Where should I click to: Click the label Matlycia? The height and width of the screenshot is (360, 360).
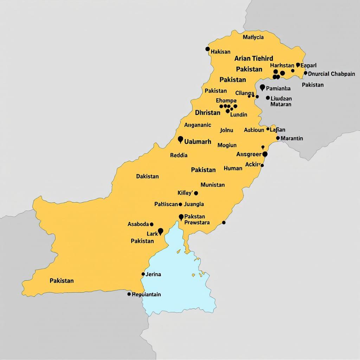click(253, 37)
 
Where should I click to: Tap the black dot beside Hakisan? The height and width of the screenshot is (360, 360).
click(208, 49)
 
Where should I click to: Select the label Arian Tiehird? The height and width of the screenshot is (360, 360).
click(253, 58)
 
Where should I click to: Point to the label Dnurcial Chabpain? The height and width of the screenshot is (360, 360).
click(331, 74)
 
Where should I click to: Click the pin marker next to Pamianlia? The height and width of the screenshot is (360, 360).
click(262, 87)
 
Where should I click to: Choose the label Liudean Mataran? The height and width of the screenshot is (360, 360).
click(281, 101)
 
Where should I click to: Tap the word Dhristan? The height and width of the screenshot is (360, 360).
click(207, 113)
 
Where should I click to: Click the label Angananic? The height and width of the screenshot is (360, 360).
click(198, 125)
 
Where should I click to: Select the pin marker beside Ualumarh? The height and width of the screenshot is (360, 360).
click(181, 140)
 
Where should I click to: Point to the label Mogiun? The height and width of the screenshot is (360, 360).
click(227, 145)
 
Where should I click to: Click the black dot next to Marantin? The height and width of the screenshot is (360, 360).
click(278, 138)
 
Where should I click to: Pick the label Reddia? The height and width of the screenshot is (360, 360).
click(179, 155)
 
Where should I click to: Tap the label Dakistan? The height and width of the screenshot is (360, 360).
click(147, 176)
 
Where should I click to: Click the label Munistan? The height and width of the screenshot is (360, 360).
click(212, 185)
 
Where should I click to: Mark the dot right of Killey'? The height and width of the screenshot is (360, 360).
click(196, 193)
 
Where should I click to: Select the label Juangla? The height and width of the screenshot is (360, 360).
click(194, 204)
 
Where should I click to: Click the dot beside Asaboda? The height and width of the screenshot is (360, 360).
click(152, 224)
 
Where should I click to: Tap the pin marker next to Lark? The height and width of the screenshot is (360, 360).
click(161, 231)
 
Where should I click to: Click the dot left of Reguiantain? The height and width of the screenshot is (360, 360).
click(129, 294)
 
